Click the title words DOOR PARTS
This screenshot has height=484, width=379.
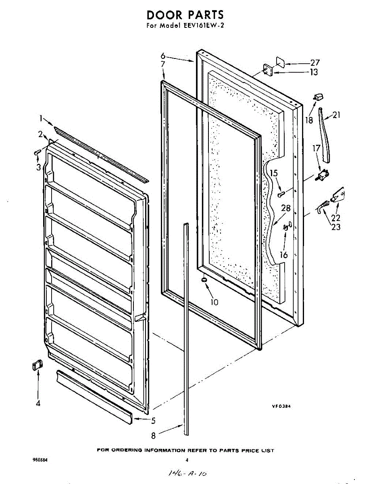coord(185,15)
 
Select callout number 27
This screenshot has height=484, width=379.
coord(315,63)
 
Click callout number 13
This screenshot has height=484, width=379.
coord(314,72)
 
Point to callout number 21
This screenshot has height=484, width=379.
coord(336,115)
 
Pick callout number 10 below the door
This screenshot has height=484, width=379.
coord(214,302)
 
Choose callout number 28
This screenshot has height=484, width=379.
coord(286,209)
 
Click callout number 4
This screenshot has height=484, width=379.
coord(38,403)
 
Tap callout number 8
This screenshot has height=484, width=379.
coord(153,435)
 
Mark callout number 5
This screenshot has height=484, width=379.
coord(153,421)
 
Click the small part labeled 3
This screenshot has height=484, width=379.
coord(37,152)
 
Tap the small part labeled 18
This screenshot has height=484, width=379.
coord(319,97)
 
